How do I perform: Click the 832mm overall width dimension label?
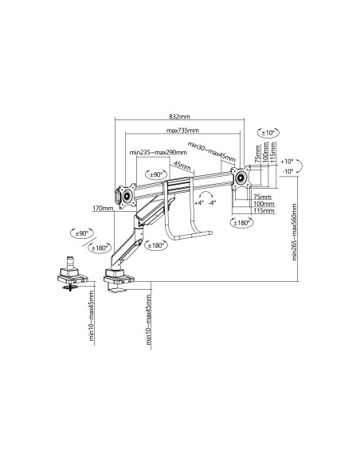pyautogui.click(x=179, y=116)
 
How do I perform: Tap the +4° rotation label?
pyautogui.click(x=198, y=204)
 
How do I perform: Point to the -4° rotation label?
pyautogui.click(x=212, y=204)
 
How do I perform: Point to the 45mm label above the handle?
pyautogui.click(x=182, y=166)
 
